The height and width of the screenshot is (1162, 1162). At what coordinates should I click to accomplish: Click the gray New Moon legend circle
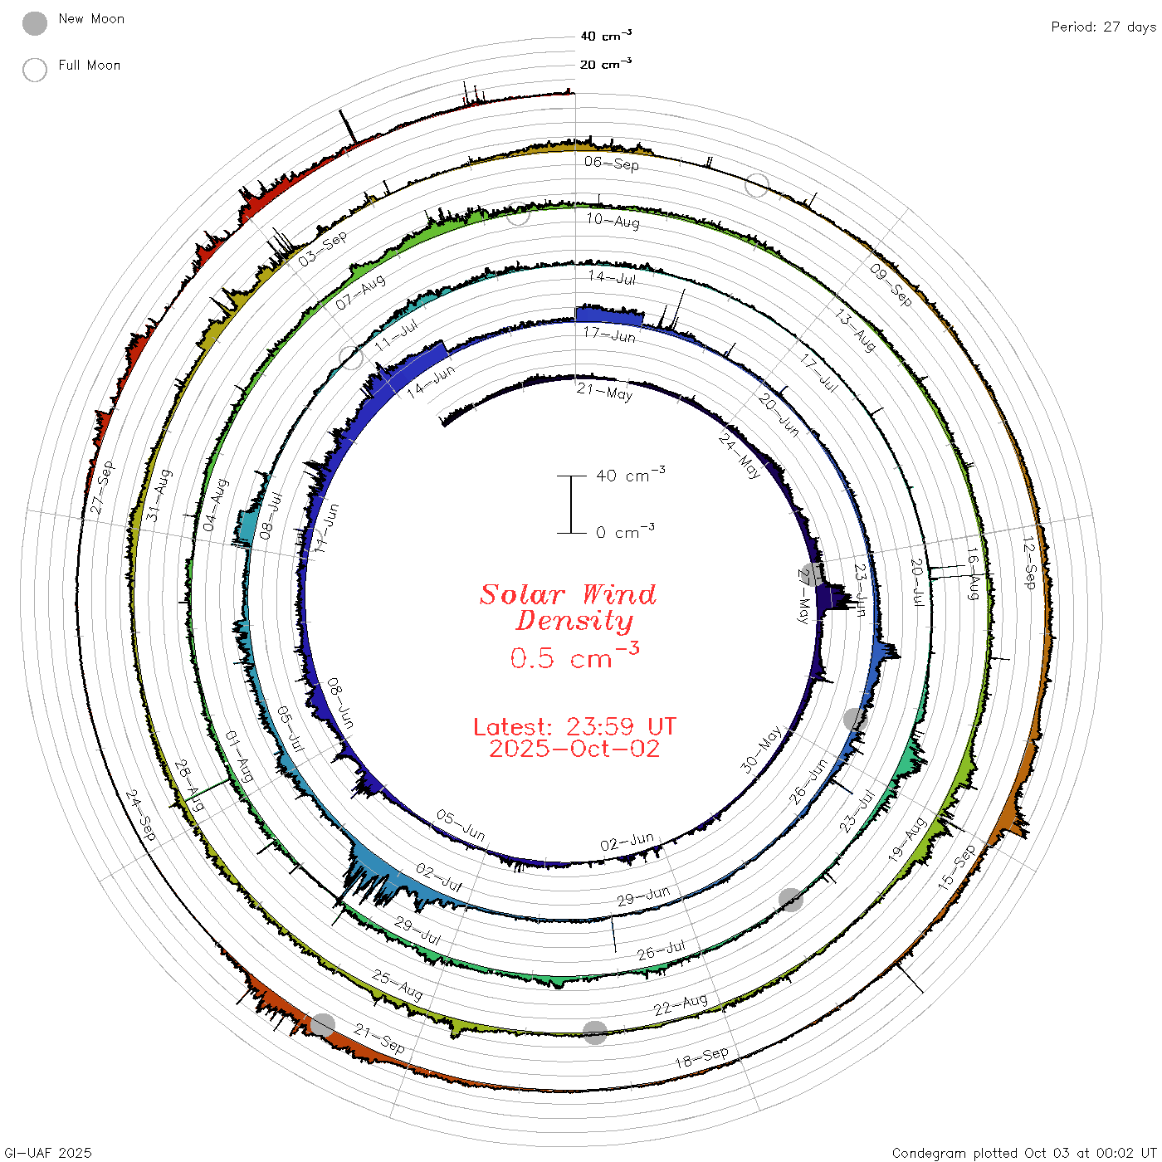click(x=34, y=23)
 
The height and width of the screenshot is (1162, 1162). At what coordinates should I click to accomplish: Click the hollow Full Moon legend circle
click(x=34, y=70)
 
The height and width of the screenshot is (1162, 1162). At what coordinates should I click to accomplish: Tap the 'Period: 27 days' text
click(x=1104, y=27)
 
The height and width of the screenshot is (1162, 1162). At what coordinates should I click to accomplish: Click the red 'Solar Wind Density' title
click(x=568, y=608)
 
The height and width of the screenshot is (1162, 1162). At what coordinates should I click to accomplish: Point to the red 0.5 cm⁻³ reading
click(x=574, y=656)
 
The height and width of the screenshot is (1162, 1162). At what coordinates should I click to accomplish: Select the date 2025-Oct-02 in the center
click(x=574, y=749)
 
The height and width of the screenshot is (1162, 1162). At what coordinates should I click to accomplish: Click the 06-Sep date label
click(x=612, y=163)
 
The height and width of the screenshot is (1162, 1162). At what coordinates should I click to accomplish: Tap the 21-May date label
click(x=604, y=392)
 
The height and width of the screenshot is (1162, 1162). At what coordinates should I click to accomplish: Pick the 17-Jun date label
click(x=609, y=334)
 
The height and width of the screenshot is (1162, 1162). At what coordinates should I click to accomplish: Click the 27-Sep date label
click(x=101, y=488)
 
